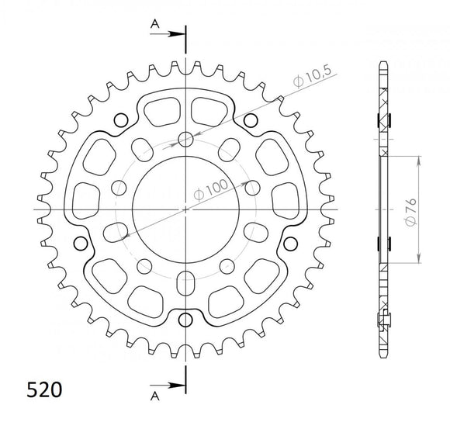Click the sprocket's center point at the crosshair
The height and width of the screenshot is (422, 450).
pyautogui.click(x=186, y=209)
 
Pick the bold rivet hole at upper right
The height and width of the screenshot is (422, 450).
pyautogui.click(x=251, y=120)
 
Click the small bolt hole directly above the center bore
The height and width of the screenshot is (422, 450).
pyautogui.click(x=186, y=140)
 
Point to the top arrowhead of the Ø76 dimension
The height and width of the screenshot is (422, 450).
pyautogui.click(x=420, y=160)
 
